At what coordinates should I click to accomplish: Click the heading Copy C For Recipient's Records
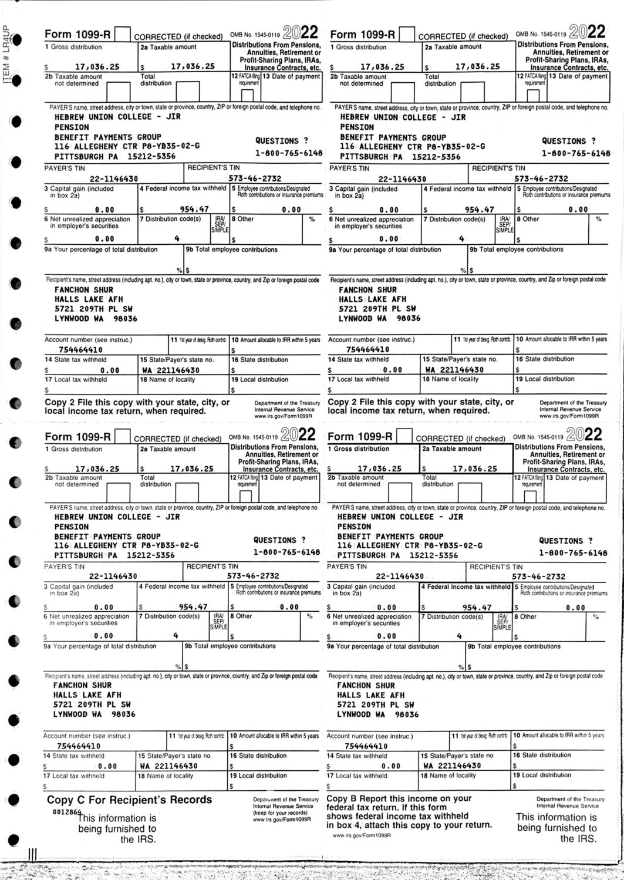click(129, 800)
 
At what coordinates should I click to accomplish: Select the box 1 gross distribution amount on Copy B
click(379, 468)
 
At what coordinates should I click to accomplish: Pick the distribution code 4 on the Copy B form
click(460, 636)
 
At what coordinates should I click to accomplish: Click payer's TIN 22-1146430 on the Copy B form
click(399, 576)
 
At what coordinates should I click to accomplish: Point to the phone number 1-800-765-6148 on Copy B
click(574, 552)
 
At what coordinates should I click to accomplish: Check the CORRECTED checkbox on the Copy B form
click(404, 437)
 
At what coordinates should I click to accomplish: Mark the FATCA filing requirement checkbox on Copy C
click(247, 496)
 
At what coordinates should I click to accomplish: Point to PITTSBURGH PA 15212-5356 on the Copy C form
click(114, 555)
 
